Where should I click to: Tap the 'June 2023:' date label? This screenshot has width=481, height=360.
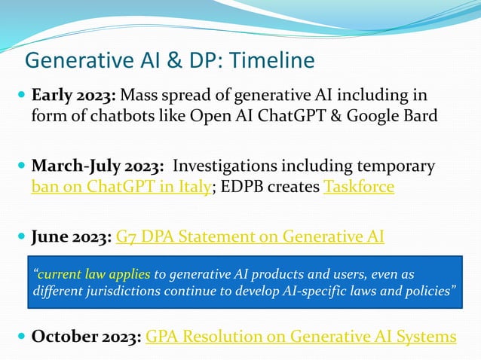tap(72, 237)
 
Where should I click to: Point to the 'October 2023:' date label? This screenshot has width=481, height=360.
tap(86, 335)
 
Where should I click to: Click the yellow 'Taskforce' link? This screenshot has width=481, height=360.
tap(358, 187)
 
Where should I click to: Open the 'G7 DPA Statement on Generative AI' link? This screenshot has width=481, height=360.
tap(250, 237)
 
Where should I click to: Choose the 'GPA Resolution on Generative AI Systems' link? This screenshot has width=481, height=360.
tap(301, 335)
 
